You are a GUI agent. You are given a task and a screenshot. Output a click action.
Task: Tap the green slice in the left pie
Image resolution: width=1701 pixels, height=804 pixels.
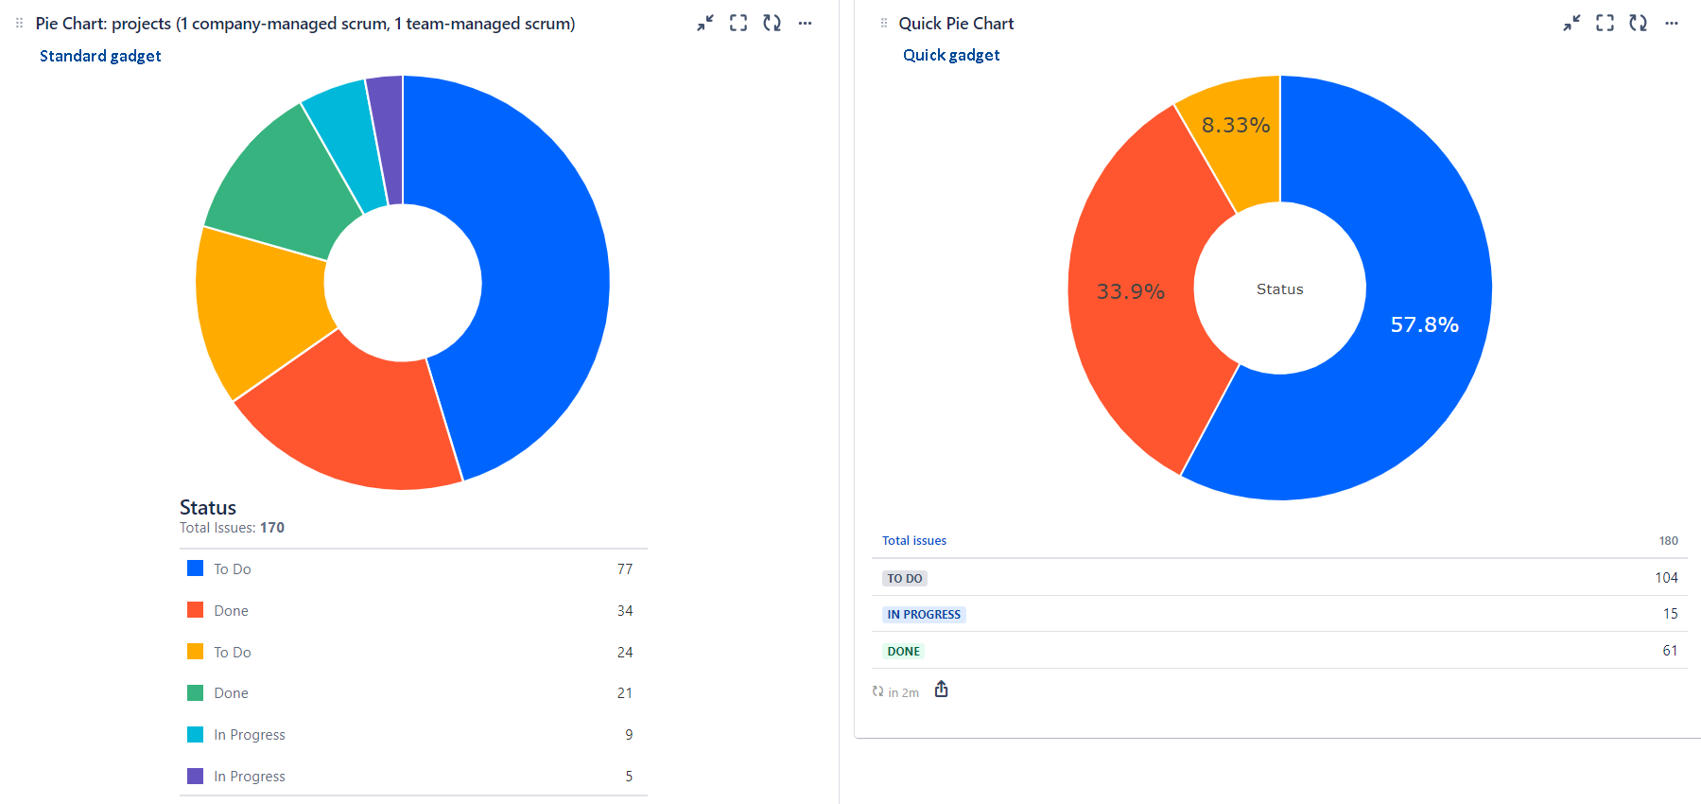coord(284,184)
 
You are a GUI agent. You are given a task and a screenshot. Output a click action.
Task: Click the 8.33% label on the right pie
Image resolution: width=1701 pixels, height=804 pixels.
coord(1235,125)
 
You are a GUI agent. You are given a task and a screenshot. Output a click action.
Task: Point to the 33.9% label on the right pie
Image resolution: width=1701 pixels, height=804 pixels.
coord(1130,291)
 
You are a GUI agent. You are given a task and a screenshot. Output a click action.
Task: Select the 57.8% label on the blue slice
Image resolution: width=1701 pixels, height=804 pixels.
coord(1424,324)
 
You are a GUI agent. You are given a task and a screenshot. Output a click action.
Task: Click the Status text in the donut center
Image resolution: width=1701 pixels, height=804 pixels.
coord(1279,289)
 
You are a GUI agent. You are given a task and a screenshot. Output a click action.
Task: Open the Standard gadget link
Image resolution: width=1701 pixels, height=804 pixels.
coord(100,56)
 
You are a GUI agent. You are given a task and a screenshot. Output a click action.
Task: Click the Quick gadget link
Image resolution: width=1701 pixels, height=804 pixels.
coord(951,55)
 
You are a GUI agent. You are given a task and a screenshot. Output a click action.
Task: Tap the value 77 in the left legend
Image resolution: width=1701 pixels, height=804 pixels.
coord(624,568)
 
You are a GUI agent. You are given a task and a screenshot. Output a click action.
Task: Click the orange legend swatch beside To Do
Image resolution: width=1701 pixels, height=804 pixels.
coord(196,652)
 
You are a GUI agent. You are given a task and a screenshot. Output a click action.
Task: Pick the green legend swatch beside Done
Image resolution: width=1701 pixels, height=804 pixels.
coord(196,692)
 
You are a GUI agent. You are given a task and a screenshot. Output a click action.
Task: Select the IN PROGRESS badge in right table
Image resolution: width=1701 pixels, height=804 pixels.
coord(923,614)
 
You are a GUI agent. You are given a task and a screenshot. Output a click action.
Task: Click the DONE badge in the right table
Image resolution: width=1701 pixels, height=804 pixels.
coord(903,651)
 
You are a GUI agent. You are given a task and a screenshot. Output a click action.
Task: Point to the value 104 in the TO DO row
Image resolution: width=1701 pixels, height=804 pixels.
coord(1666,577)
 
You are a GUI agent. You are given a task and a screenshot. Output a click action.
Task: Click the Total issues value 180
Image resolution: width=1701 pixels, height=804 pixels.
coord(1668,541)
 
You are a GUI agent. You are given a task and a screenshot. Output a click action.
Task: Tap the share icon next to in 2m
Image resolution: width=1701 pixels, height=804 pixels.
coord(941,690)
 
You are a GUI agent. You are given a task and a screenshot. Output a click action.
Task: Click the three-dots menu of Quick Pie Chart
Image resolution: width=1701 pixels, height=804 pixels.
coord(1672,24)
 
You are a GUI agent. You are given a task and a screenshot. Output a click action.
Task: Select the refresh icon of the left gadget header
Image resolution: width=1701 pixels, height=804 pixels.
coord(772,24)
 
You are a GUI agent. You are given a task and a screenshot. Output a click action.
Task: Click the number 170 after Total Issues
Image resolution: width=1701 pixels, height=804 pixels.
coord(272,528)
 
